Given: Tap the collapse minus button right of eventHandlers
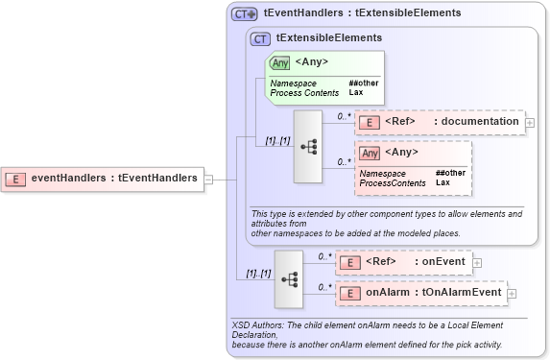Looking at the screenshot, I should tap(208, 178).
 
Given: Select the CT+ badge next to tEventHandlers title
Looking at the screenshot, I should tap(244, 14).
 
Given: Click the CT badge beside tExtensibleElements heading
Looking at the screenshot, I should tap(260, 38).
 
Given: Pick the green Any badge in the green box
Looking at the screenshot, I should tap(279, 63).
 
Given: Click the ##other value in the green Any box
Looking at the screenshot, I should tap(364, 84).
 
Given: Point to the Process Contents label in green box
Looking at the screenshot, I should tap(304, 93).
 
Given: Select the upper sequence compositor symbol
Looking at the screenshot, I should tap(308, 146).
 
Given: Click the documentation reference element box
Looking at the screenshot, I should tap(439, 122).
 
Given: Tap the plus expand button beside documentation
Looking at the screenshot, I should tap(530, 122).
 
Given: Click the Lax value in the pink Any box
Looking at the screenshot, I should tap(442, 182).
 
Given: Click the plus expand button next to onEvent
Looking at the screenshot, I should tap(477, 261).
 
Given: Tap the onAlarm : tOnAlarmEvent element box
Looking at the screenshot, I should tap(419, 293).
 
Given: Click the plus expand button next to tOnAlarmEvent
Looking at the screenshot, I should tap(512, 293).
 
